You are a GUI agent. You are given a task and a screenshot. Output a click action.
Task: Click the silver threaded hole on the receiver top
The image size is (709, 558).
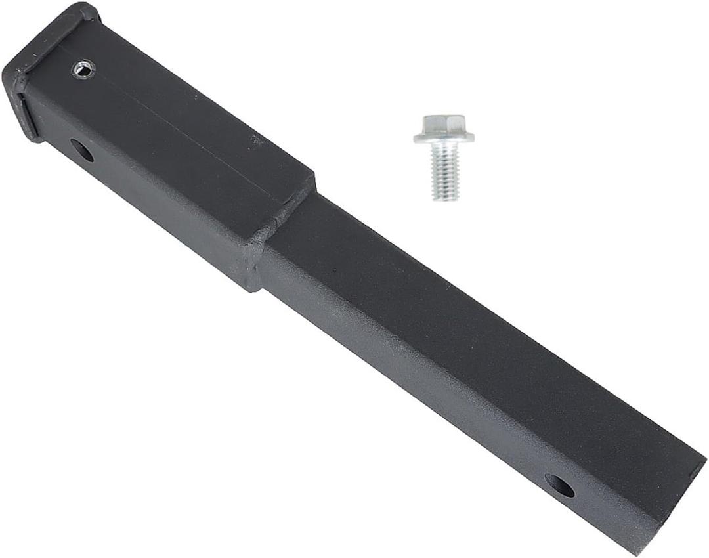83,68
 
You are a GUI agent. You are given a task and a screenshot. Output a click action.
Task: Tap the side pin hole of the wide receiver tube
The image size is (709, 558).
82,150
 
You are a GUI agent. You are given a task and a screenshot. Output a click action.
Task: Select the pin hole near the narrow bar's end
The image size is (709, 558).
559,486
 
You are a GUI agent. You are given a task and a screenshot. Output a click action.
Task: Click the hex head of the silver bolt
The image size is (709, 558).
444,123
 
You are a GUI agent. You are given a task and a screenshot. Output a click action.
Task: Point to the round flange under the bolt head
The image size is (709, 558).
444,137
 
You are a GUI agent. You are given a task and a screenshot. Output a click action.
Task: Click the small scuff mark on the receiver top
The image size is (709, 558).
255,139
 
